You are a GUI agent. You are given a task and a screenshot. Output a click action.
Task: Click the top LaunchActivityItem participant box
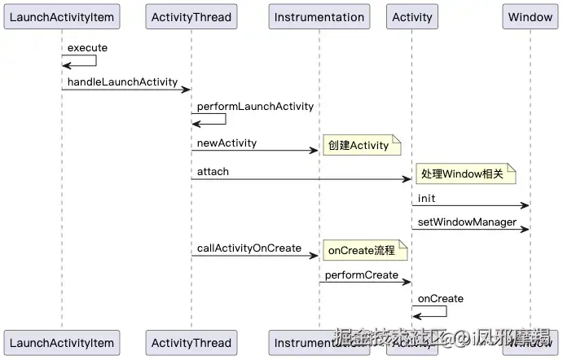pos(62,17)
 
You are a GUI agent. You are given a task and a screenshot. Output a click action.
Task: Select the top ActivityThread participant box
pos(191,17)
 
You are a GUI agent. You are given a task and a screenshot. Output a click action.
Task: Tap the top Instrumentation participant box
pos(319,17)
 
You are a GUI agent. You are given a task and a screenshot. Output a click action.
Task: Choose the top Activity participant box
pos(411,17)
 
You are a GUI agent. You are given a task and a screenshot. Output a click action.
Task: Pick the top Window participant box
pos(530,17)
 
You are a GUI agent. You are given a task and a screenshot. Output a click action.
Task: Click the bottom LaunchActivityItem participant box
pos(62,342)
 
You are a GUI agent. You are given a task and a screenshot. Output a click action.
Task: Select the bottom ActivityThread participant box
pos(191,342)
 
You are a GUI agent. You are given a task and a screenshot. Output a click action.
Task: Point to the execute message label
pos(87,48)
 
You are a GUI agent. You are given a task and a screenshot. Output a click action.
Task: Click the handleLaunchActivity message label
pos(122,82)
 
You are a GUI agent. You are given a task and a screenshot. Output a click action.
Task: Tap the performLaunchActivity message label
pos(255,107)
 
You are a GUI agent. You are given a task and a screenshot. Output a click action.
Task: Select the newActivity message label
pos(227,143)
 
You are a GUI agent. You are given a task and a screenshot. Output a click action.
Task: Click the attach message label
pos(213,172)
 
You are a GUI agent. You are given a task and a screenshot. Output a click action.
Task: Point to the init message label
pos(426,199)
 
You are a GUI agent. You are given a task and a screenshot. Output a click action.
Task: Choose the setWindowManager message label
pos(467,222)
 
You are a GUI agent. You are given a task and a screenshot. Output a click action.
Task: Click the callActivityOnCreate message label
pos(249,248)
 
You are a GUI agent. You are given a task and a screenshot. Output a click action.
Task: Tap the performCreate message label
pos(361,275)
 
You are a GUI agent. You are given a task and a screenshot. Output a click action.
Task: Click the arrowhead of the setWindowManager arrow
pos(525,230)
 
